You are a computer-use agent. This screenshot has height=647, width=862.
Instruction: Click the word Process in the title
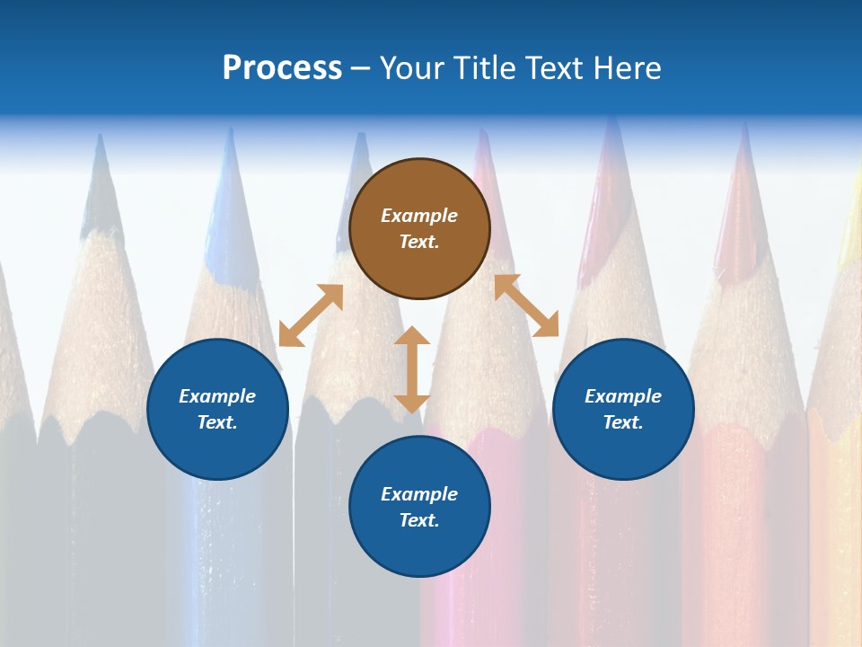[282, 68]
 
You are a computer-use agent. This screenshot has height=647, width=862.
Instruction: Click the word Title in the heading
[486, 68]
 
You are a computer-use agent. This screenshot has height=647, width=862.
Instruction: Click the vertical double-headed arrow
[412, 369]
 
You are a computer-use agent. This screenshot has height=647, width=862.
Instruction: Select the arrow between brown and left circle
[311, 315]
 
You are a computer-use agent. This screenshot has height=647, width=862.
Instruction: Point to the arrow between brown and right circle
[526, 306]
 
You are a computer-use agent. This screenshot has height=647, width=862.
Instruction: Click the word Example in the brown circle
[419, 216]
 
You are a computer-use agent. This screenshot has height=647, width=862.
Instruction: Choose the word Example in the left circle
[217, 396]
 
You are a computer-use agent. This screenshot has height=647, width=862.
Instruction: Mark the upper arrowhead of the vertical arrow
[412, 338]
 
